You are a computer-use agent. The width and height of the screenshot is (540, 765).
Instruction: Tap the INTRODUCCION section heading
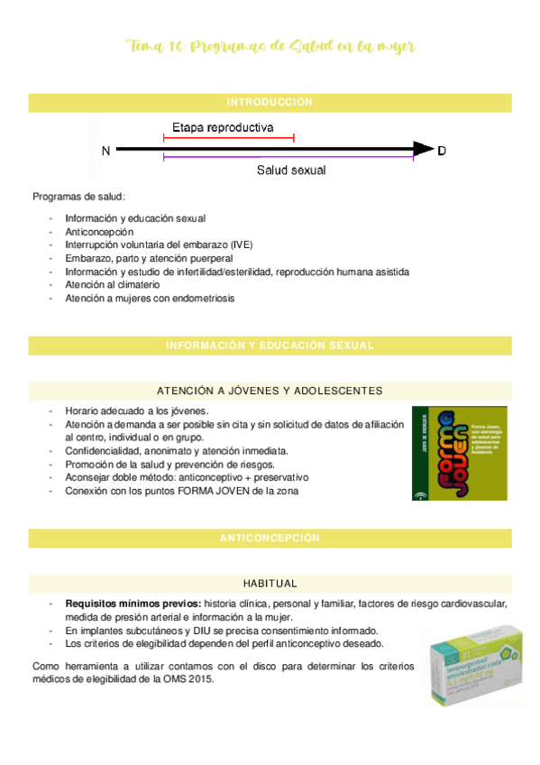[x=270, y=102]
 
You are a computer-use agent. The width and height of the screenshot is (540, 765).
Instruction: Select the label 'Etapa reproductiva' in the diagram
[x=223, y=127]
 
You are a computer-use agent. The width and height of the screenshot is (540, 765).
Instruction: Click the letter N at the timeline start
[x=106, y=151]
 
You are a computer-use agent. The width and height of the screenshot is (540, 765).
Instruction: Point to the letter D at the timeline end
[x=441, y=151]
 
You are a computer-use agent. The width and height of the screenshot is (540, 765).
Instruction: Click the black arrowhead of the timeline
[x=423, y=150]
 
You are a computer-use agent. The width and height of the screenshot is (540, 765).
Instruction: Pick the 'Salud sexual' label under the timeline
[x=291, y=170]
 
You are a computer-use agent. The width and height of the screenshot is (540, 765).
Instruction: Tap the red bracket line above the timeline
[x=228, y=138]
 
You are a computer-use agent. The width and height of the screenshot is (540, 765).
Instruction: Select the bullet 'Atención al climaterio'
[x=113, y=284]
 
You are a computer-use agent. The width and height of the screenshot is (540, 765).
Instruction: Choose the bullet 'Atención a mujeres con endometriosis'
[x=149, y=298]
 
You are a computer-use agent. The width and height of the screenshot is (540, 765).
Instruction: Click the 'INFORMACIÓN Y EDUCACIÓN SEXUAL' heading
[x=270, y=346]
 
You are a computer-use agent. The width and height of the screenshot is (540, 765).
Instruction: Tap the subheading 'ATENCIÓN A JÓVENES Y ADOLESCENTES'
[x=270, y=391]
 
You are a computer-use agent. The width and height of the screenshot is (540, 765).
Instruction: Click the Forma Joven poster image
[x=459, y=454]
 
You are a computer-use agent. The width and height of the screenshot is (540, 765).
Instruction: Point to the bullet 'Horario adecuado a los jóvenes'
[x=136, y=410]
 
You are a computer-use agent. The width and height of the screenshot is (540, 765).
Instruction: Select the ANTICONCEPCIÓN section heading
[x=270, y=538]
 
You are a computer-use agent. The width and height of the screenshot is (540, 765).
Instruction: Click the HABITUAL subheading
[x=270, y=584]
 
